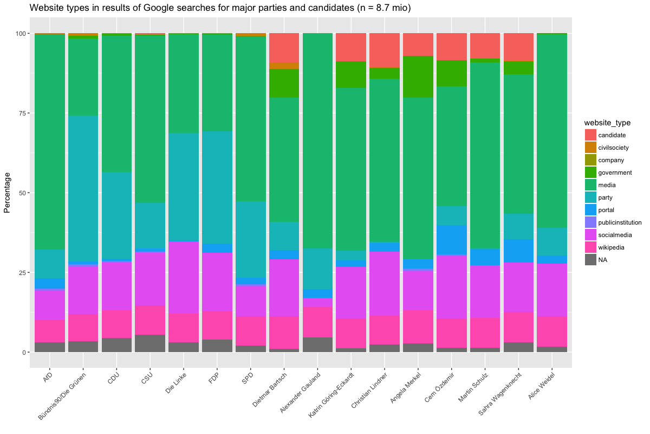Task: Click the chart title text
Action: tap(220, 8)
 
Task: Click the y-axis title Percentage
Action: tap(8, 193)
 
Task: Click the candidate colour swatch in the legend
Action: tap(590, 135)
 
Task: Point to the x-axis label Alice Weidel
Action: tap(541, 384)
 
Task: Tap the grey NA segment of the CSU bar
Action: tap(150, 343)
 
